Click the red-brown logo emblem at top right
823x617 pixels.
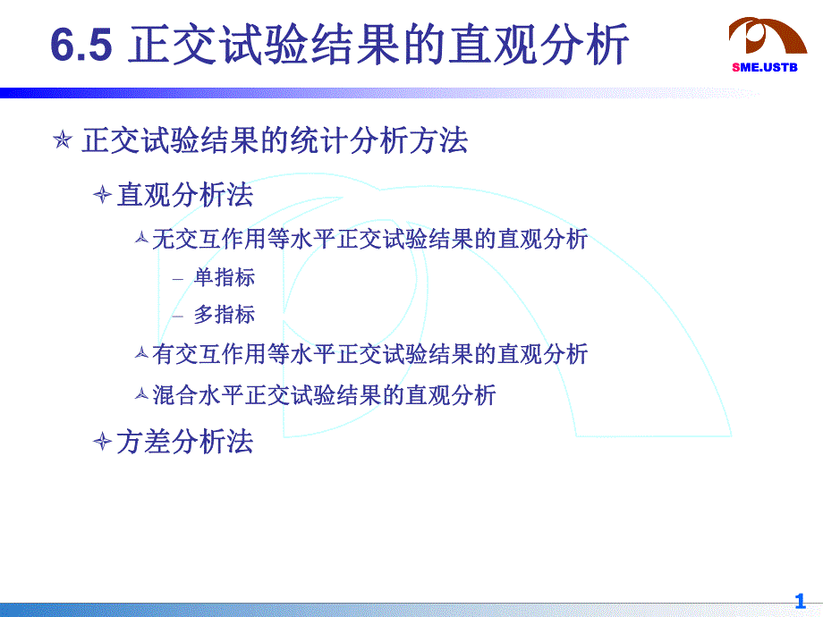coord(768,36)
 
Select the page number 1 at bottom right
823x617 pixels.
coord(800,601)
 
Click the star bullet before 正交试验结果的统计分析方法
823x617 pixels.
coord(62,141)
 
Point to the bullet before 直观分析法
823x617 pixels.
coord(103,195)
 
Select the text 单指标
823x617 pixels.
coord(225,278)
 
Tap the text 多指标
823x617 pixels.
coord(225,315)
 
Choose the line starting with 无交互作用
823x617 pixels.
coord(369,239)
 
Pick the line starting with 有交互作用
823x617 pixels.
coord(369,354)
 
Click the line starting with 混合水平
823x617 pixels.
coord(324,394)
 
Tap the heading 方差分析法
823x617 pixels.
coord(185,441)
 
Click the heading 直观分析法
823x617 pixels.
coord(185,195)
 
